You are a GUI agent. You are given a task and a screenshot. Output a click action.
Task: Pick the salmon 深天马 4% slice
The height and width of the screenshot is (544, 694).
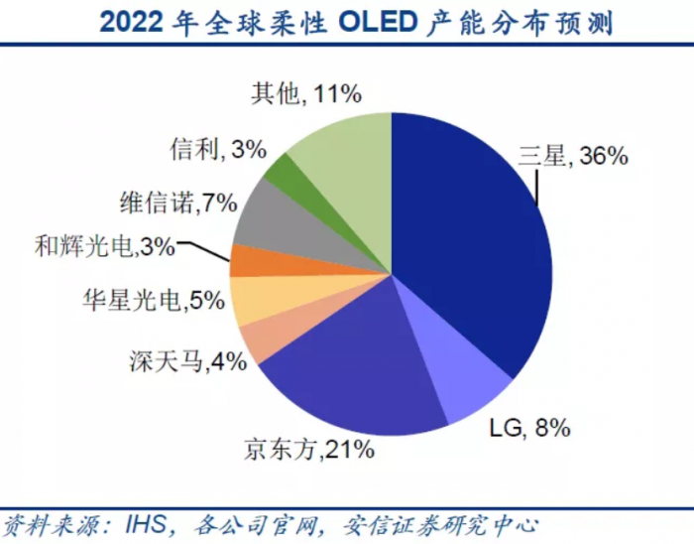tap(258, 340)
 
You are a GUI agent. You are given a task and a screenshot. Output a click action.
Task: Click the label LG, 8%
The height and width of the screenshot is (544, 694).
tap(530, 428)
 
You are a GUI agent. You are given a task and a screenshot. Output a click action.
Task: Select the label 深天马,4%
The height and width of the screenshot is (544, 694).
tap(187, 361)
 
